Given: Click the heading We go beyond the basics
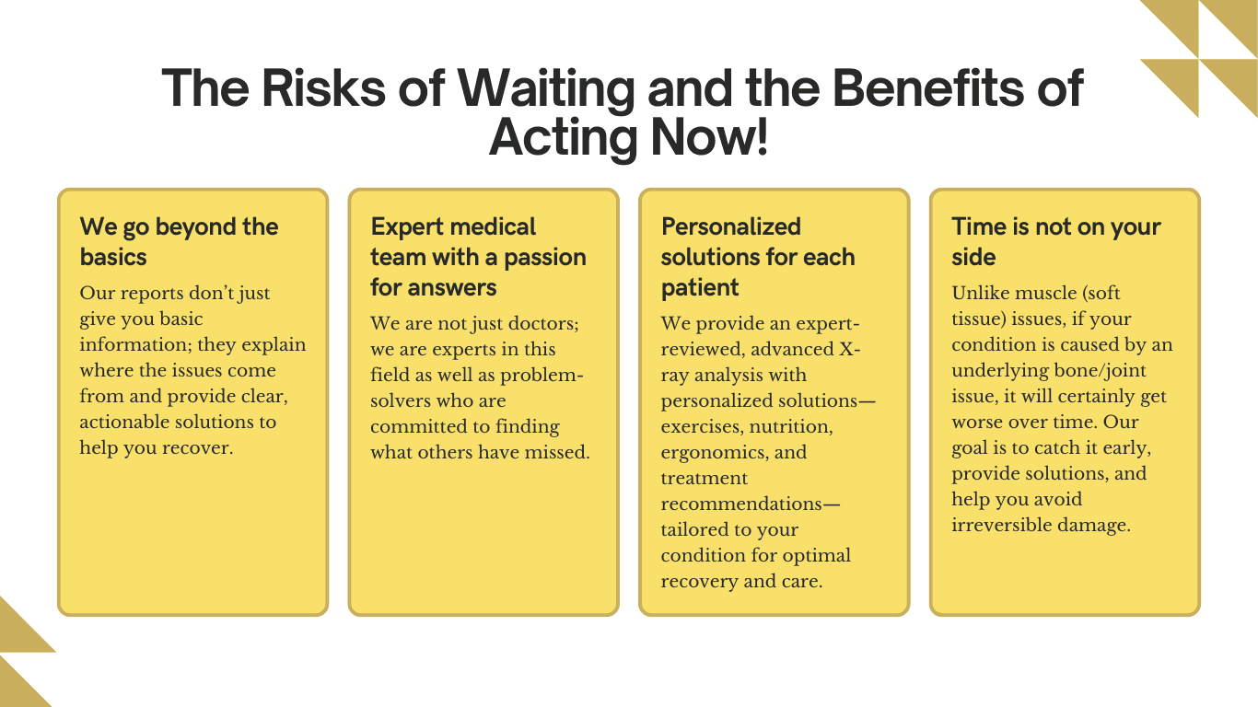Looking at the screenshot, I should tap(179, 241).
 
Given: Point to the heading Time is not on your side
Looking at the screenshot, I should tap(1055, 241).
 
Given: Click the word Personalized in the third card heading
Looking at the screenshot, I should tap(731, 226).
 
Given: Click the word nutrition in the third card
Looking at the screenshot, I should tap(790, 426).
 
